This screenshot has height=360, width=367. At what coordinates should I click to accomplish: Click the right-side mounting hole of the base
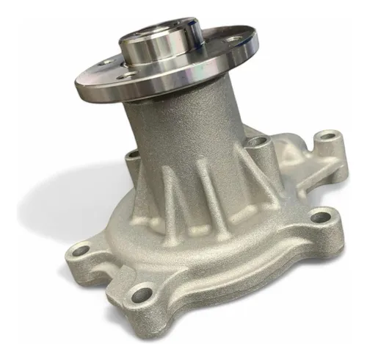321,219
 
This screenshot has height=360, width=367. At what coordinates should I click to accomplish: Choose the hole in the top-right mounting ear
328,137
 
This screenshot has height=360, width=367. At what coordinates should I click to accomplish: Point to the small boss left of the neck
133,155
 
